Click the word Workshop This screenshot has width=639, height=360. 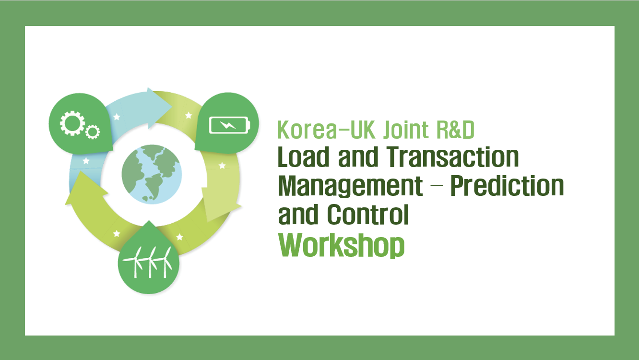point(341,245)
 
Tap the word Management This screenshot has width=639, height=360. point(350,186)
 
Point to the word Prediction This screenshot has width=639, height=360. point(507,186)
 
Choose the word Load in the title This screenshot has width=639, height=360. point(304,157)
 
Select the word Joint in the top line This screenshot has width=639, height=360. point(406,130)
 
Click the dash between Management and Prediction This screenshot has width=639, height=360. point(437,186)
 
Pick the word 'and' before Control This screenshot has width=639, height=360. point(298,215)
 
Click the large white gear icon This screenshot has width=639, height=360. point(72,123)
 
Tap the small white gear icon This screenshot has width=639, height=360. point(93,132)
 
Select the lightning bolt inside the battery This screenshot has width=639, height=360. point(228,125)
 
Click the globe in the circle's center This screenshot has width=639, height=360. point(152,174)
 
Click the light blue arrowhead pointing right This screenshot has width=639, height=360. point(159,108)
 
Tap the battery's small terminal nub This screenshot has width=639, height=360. point(249,125)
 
